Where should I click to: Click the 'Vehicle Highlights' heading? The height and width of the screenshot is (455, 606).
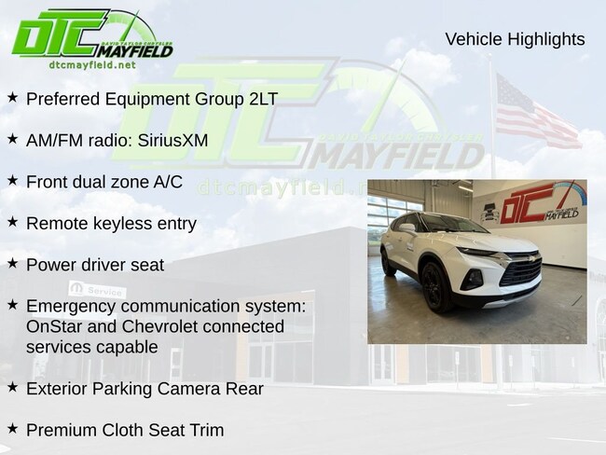click(515, 39)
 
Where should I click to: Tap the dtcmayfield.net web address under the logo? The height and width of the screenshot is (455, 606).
click(92, 64)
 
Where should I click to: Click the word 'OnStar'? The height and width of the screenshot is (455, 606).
click(54, 326)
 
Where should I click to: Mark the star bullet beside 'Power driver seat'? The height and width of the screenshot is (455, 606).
click(13, 263)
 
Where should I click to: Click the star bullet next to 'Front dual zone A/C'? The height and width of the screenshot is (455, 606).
click(13, 180)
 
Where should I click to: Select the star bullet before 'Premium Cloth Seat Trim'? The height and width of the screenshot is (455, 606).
click(13, 428)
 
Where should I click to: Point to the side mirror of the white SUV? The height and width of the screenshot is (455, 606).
click(407, 227)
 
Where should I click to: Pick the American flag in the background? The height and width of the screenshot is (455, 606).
click(536, 113)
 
